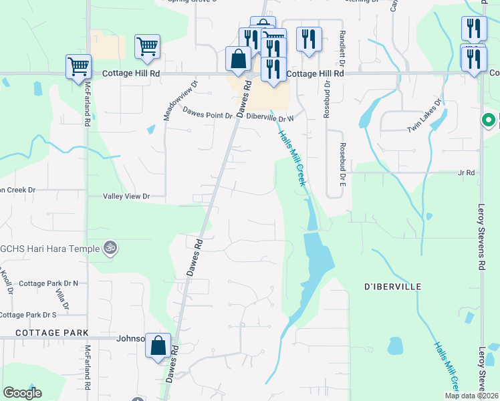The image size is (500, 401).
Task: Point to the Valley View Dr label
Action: pos(126,197)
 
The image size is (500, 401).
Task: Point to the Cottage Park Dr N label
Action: pos(48,283)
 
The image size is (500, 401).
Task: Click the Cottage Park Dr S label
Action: pos(37,314)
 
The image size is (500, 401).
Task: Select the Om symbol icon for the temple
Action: pos(111,247)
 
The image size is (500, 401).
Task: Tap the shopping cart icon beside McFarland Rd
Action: pos(78,66)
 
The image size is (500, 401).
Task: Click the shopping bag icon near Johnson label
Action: pos(158,345)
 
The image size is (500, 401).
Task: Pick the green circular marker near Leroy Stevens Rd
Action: pos(489,121)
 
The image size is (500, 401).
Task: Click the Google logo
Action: pos(22,393)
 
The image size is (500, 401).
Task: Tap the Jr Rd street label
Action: pos(466,172)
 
